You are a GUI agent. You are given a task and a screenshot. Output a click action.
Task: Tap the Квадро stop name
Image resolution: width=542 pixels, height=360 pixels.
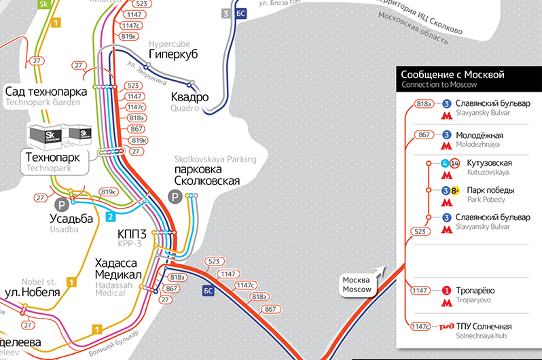click(189, 96)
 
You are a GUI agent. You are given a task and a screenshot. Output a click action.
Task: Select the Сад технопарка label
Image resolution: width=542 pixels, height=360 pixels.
click(46, 92)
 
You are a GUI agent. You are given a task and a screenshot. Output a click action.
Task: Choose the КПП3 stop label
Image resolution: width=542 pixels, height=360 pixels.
click(132, 234)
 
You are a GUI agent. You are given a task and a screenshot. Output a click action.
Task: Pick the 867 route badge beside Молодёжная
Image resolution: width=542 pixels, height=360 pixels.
click(424, 135)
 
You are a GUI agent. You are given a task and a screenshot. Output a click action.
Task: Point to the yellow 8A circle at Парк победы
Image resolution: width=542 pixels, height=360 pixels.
click(455, 190)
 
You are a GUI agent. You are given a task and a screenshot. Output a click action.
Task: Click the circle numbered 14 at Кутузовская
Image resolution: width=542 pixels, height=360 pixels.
click(455, 163)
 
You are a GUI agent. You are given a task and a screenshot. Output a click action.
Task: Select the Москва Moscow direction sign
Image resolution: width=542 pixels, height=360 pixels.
click(357, 285)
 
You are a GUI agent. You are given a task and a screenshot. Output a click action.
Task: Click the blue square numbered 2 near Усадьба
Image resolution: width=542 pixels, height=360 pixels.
click(110, 217)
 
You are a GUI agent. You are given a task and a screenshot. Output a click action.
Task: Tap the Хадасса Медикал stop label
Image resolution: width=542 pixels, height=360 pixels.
click(118, 268)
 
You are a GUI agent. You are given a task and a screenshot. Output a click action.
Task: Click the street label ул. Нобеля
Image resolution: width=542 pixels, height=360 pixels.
click(33, 292)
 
